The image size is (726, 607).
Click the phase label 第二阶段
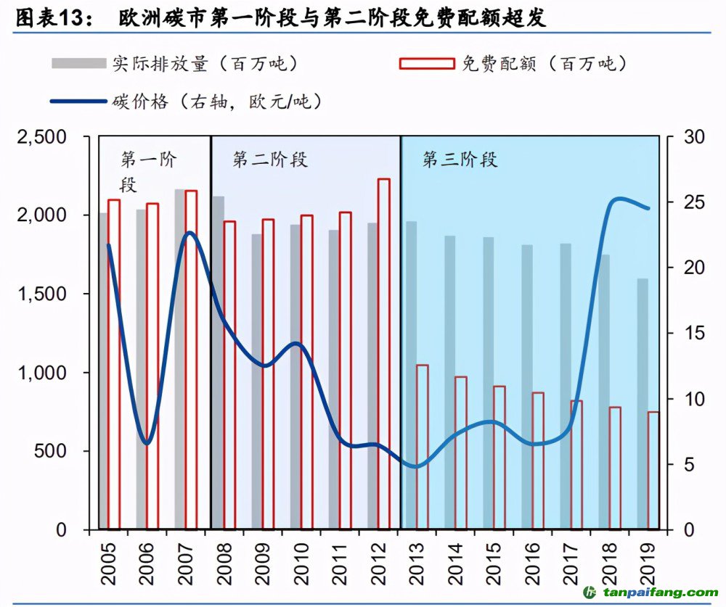[x=270, y=160]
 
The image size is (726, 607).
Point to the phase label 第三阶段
[x=460, y=160]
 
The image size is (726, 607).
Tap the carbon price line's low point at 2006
[x=147, y=443]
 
